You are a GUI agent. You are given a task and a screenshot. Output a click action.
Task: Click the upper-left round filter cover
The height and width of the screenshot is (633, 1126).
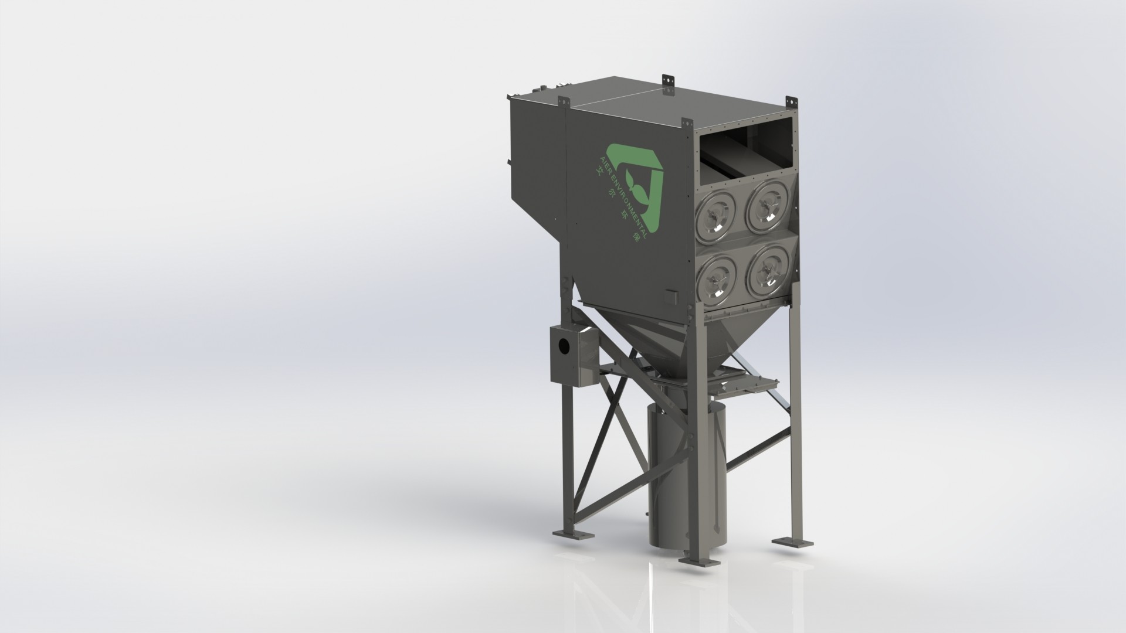[715, 211]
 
